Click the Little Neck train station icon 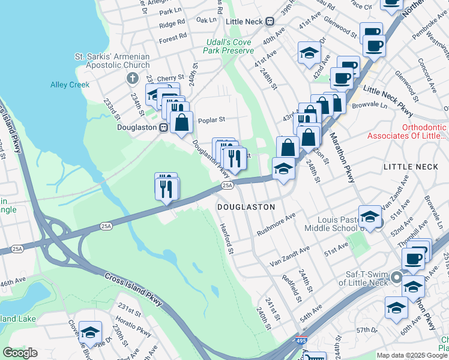[270, 21]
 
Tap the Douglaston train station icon [162, 128]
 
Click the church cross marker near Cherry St [133, 79]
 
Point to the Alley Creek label [70, 85]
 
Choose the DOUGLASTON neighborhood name [246, 206]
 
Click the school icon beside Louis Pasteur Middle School [369, 217]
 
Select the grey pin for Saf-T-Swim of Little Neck [397, 277]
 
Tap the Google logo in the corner [20, 353]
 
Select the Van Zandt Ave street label [289, 256]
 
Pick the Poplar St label [211, 119]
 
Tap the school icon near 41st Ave [309, 52]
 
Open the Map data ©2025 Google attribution [412, 355]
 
